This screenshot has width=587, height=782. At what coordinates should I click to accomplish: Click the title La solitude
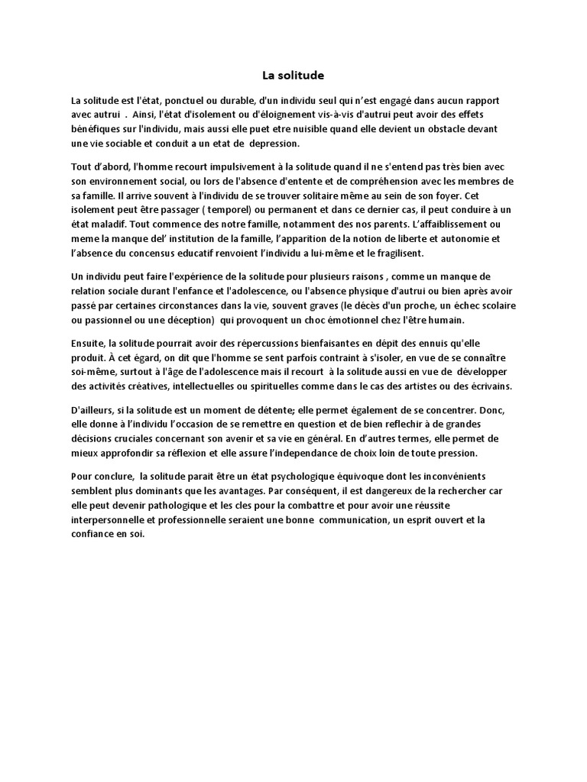(x=293, y=76)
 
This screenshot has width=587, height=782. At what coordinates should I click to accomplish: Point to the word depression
(x=274, y=143)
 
